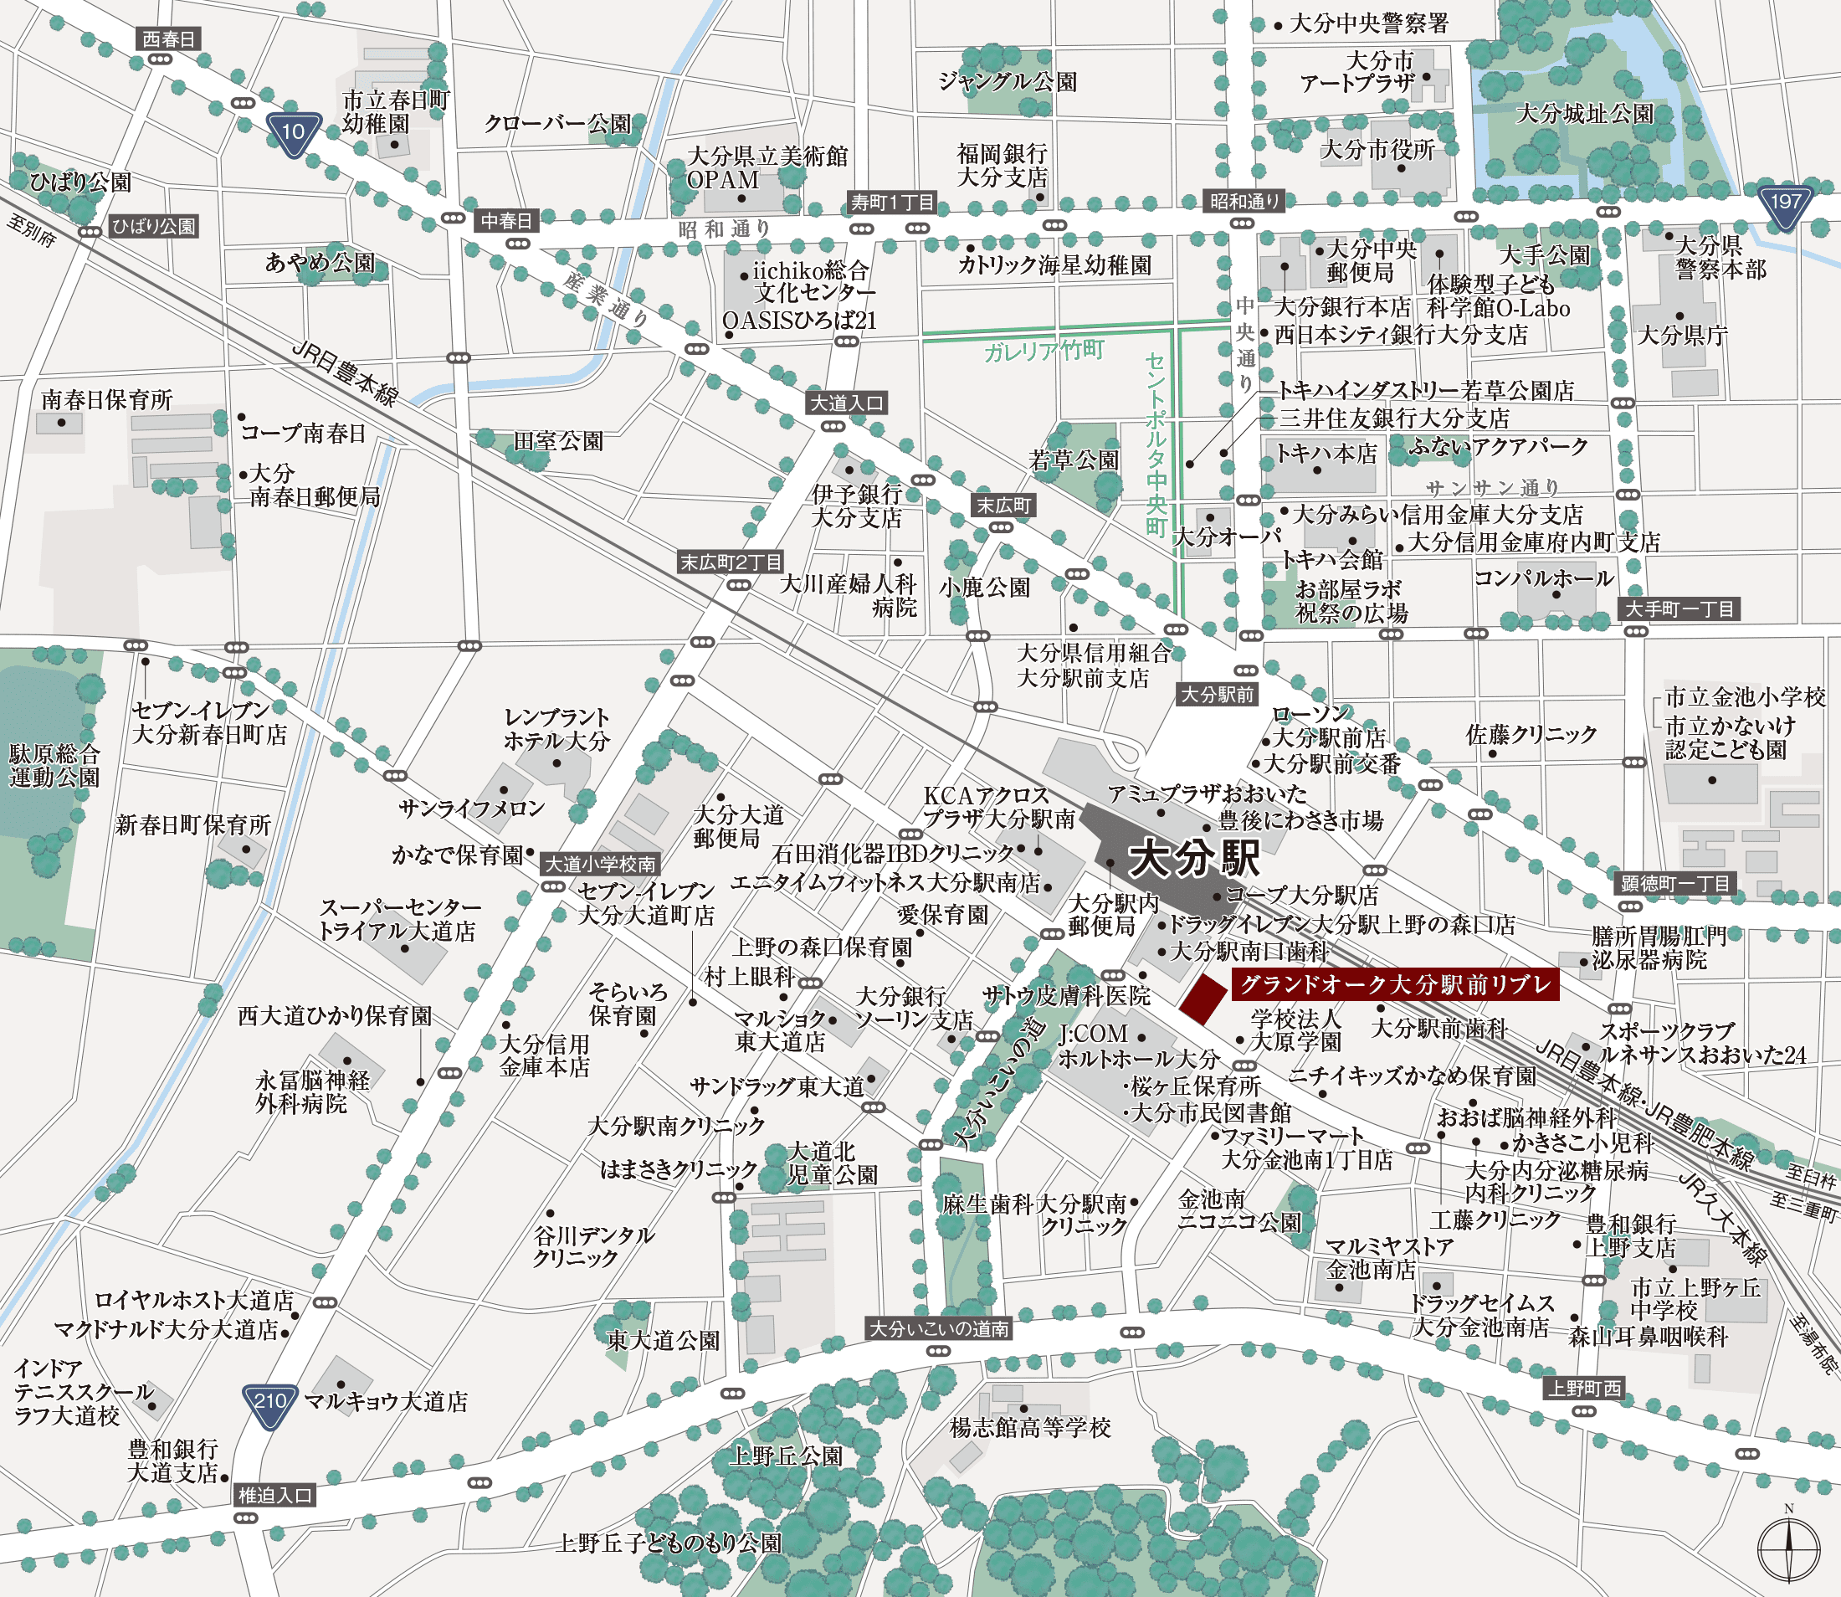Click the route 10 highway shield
point(293,134)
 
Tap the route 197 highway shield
point(1785,205)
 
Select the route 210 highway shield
point(269,1404)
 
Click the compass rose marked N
point(1787,1548)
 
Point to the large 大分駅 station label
point(1194,859)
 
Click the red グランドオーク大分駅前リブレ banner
point(1395,985)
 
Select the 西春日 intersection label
point(168,39)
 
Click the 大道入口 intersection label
point(847,403)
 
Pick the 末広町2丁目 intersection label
point(731,562)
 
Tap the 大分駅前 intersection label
point(1217,695)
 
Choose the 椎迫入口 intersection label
point(275,1496)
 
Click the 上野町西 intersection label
point(1584,1389)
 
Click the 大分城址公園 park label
point(1584,114)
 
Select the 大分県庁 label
point(1682,336)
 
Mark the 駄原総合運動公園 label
point(54,766)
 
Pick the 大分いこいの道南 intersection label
point(939,1330)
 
